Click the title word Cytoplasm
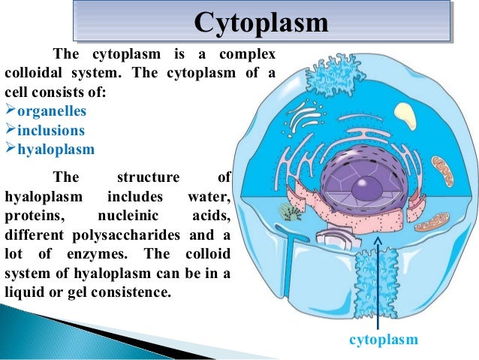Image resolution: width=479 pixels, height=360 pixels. [261, 22]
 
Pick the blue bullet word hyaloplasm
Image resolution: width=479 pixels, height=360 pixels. [56, 149]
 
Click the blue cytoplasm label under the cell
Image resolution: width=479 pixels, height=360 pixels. [384, 340]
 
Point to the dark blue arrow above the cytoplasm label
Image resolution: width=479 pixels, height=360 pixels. [378, 278]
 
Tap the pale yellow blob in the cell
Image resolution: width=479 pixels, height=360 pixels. [405, 115]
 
